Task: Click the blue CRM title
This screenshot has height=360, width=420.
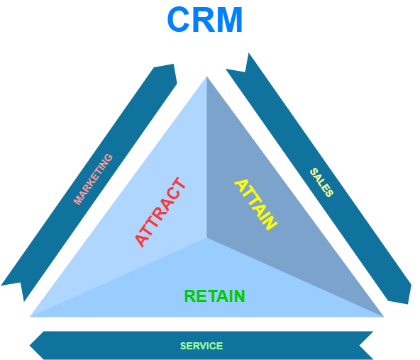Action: [x=205, y=20]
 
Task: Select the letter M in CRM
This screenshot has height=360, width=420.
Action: [x=229, y=20]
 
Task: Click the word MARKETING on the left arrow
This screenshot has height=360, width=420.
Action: [x=93, y=179]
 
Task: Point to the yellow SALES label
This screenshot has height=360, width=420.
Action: [x=321, y=182]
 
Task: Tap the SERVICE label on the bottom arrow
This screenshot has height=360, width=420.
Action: [x=201, y=346]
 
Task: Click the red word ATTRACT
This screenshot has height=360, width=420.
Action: [x=160, y=213]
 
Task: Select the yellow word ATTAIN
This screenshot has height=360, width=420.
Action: [x=255, y=204]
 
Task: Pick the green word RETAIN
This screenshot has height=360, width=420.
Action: [x=214, y=296]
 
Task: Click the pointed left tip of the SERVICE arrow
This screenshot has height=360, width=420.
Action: [x=31, y=346]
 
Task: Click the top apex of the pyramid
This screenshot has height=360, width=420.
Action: [x=206, y=77]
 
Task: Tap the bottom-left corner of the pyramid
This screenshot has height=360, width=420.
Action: [x=30, y=316]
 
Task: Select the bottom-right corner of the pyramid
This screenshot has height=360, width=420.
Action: [x=384, y=316]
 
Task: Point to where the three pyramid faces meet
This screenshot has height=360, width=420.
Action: [x=207, y=238]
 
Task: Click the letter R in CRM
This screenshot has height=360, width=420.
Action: [x=204, y=20]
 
